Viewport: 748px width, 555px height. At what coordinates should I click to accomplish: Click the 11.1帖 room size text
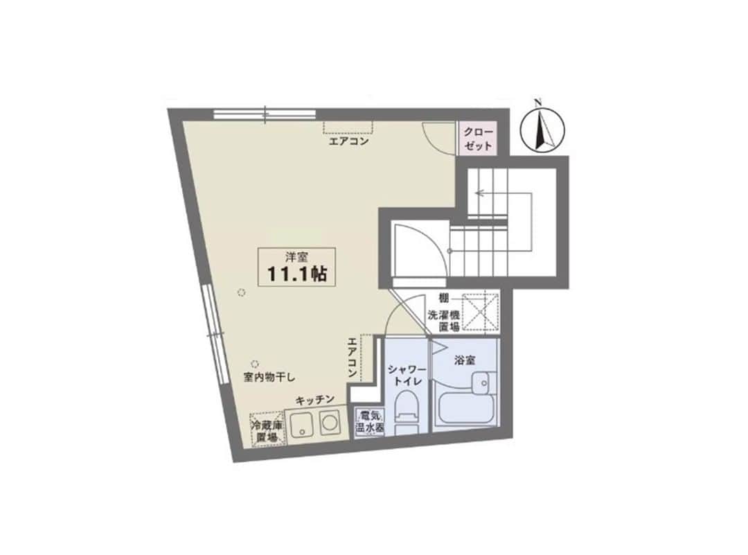click(x=296, y=274)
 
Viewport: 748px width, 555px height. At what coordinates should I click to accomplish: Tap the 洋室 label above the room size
click(x=296, y=257)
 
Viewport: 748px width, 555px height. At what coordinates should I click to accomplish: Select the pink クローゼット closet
click(x=478, y=139)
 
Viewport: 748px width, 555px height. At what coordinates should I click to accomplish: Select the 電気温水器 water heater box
click(x=369, y=421)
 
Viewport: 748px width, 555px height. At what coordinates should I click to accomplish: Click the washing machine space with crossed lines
click(x=481, y=312)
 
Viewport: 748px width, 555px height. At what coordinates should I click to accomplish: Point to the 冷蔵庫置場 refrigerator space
click(x=267, y=428)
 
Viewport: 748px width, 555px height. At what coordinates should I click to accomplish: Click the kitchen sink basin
click(x=301, y=423)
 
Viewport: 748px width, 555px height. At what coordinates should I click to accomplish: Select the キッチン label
click(x=315, y=400)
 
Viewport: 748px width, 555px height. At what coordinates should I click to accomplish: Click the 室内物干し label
click(x=269, y=378)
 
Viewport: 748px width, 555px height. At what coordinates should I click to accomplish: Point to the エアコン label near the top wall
click(x=348, y=141)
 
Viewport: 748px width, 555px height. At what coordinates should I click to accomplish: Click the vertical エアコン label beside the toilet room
click(x=353, y=358)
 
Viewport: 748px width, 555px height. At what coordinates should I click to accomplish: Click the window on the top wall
click(x=265, y=114)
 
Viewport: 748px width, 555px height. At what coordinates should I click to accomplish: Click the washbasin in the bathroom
click(x=481, y=382)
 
